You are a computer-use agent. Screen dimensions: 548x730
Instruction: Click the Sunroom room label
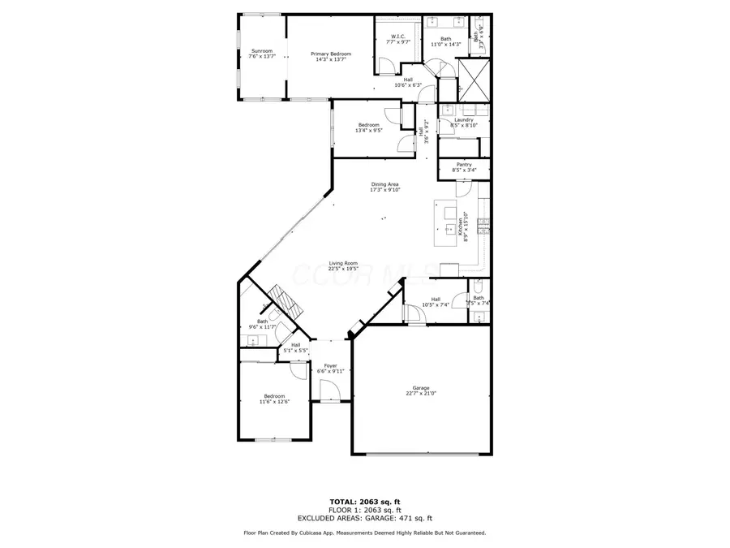261,54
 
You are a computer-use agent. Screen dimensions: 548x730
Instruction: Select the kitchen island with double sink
447,223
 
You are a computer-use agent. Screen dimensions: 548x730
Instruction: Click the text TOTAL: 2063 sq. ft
364,502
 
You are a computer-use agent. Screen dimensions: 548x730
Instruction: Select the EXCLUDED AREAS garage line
364,517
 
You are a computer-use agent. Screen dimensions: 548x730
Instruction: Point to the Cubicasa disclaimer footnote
364,533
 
